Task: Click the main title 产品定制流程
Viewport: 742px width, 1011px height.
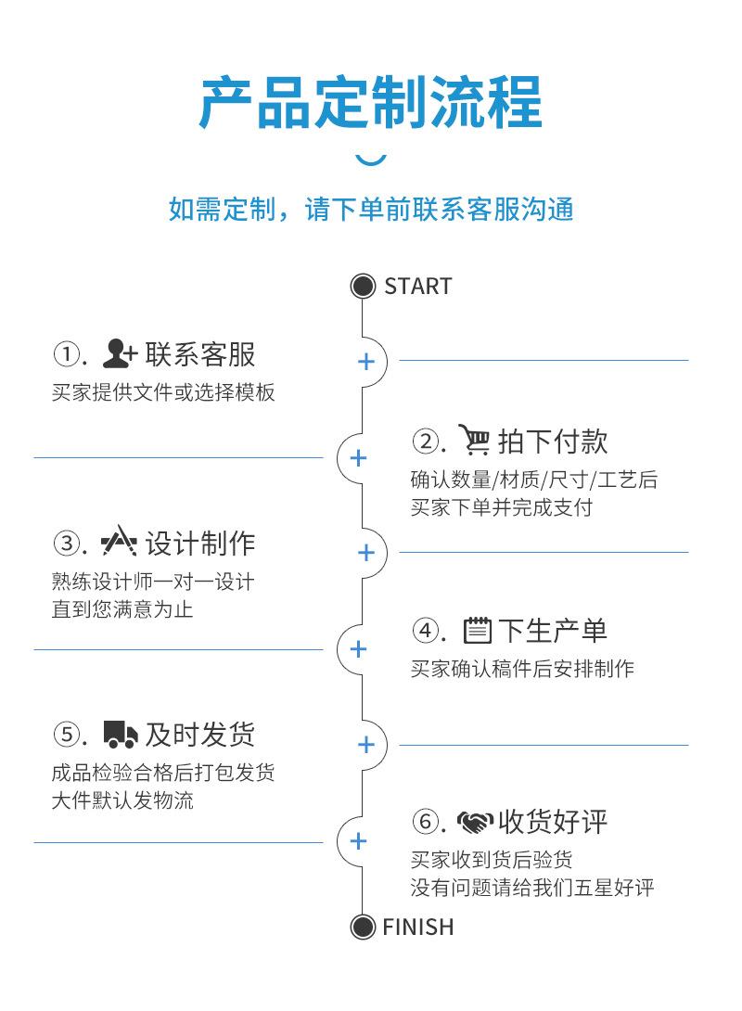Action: [371, 103]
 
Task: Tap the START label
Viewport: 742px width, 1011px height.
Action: [417, 287]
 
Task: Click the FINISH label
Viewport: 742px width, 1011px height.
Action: [417, 928]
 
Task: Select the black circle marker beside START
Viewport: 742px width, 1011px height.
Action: [363, 287]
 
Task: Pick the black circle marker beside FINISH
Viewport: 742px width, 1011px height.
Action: [363, 928]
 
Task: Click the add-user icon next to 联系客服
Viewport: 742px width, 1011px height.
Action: [120, 354]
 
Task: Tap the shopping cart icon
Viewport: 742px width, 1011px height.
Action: [474, 440]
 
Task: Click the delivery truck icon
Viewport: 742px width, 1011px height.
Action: [121, 735]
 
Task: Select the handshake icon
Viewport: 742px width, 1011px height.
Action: [475, 822]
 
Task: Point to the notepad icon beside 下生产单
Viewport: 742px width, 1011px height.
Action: [477, 631]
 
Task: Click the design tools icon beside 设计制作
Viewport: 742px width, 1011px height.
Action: [120, 541]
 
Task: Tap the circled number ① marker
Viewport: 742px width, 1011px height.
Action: [65, 354]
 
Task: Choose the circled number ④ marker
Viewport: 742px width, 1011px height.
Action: [424, 631]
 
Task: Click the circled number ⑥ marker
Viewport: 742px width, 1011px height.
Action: [424, 822]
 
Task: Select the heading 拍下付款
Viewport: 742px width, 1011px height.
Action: [553, 441]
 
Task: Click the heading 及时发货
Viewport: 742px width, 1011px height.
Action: [199, 735]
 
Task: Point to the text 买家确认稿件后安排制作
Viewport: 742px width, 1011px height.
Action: [522, 669]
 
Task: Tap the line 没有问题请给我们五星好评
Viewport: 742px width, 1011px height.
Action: [532, 888]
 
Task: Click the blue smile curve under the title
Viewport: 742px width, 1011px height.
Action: [371, 160]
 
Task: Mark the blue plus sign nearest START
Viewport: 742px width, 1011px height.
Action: [366, 361]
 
